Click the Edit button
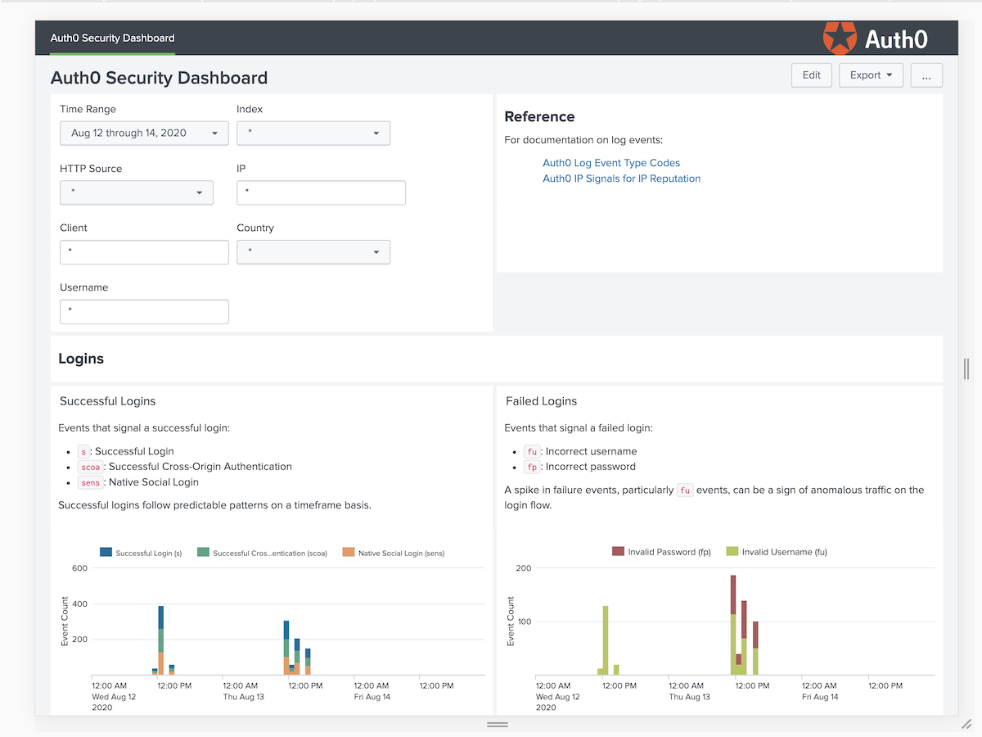click(811, 75)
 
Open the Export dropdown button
click(871, 75)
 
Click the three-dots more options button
click(926, 75)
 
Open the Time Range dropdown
click(144, 133)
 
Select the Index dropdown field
click(313, 133)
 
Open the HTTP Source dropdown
click(136, 193)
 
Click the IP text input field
click(321, 193)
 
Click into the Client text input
click(144, 252)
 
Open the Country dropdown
click(313, 252)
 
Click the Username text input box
click(144, 312)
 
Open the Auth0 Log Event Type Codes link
click(611, 163)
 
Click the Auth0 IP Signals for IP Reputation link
click(621, 179)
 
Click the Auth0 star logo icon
click(840, 38)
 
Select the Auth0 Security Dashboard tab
click(112, 38)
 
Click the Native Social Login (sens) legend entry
click(394, 553)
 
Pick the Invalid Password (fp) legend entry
click(661, 552)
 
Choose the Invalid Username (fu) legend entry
click(777, 552)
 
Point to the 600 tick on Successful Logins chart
click(79, 568)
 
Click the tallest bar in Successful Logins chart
click(161, 639)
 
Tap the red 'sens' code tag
click(90, 482)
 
